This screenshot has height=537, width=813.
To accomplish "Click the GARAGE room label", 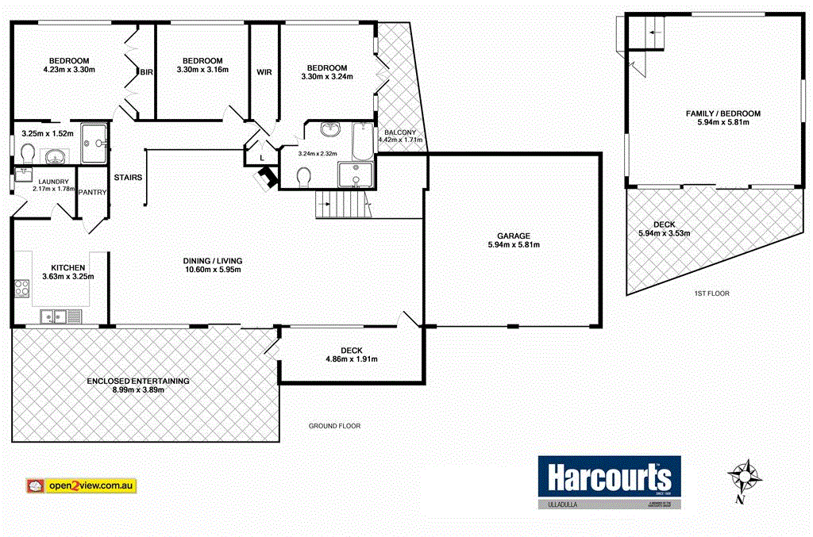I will pos(513,236).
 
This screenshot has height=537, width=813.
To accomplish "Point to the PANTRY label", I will pos(92,192).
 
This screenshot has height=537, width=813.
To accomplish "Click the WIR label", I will pos(264,72).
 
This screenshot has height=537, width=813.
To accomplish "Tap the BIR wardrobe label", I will pos(146,72).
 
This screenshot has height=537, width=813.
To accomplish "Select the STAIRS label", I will pos(128,177).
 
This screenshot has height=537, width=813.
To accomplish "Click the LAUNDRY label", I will pos(48,180).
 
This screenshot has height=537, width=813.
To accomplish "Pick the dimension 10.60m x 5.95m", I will pos(212,270).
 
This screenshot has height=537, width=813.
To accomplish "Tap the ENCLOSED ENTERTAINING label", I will pos(139,381).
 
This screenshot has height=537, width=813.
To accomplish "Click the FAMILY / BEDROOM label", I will pos(722,113).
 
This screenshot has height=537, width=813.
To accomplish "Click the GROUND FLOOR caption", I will pos(334,426).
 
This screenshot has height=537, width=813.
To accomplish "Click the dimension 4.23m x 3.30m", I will pos(68,70).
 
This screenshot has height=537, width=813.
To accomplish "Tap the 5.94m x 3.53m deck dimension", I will pos(664,233).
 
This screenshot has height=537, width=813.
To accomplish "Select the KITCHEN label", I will pos(68,267).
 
